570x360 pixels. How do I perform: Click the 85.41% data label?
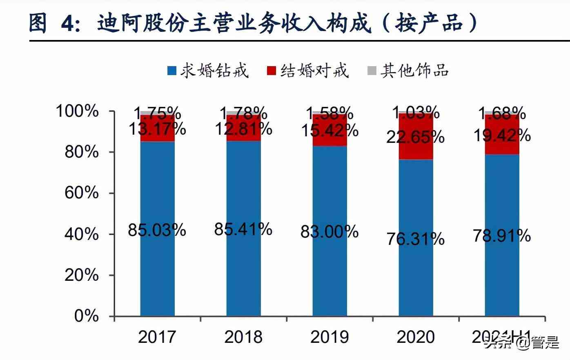(x=243, y=229)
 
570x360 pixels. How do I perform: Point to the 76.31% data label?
(x=416, y=239)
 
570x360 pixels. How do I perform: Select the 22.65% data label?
(x=416, y=136)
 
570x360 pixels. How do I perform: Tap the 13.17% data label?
(x=157, y=129)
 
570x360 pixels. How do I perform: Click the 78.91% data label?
(x=502, y=236)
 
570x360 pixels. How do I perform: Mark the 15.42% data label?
(x=330, y=131)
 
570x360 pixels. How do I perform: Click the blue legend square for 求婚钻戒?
(x=172, y=71)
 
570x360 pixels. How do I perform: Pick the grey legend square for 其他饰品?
(x=372, y=71)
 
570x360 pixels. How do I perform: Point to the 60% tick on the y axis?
(x=82, y=193)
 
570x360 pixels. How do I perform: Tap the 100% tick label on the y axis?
(x=77, y=111)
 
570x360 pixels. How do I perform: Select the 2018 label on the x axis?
(x=243, y=337)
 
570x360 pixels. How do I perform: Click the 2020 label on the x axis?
(x=416, y=337)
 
